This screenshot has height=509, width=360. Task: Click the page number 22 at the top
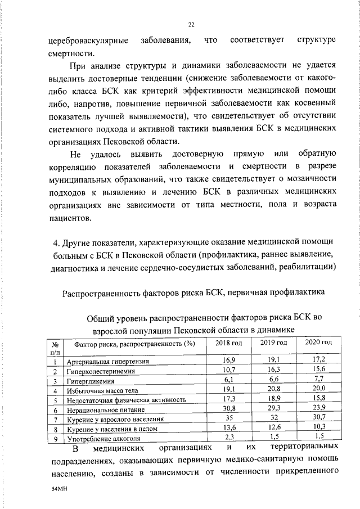tap(191, 25)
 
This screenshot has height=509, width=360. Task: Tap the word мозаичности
tap(312, 179)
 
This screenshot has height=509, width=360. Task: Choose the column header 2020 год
tap(318, 342)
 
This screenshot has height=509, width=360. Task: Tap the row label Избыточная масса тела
tap(102, 390)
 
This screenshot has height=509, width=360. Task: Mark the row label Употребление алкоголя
tap(103, 439)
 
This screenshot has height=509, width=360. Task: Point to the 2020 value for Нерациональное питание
tap(318, 409)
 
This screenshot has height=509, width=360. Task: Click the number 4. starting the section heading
tap(56, 243)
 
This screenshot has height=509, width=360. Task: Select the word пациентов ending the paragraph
tap(68, 218)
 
